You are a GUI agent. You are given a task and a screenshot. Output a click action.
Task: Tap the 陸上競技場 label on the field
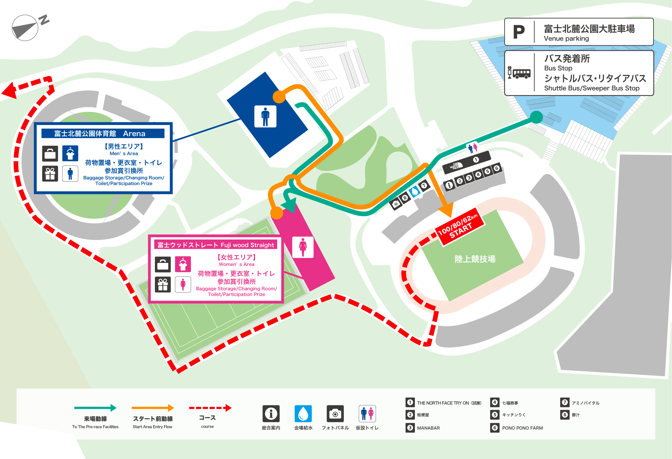[475, 259]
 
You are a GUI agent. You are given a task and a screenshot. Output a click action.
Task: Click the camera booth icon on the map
[396, 204]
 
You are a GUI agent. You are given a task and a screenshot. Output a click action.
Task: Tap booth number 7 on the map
[424, 185]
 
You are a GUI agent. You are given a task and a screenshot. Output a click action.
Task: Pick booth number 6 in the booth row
[497, 168]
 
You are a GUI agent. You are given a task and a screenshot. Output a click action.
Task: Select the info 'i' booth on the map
[449, 185]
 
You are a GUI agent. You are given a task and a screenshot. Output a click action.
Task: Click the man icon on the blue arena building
[265, 117]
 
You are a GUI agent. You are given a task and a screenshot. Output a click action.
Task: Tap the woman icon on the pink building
[303, 247]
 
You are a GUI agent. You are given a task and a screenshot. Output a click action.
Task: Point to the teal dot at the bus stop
[536, 117]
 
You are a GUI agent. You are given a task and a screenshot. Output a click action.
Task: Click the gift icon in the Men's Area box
[50, 174]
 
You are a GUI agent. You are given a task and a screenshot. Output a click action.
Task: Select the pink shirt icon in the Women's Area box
[183, 264]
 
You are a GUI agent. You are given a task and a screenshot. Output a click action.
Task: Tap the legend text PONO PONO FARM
[522, 428]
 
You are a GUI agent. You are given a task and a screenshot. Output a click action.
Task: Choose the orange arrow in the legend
[153, 408]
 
